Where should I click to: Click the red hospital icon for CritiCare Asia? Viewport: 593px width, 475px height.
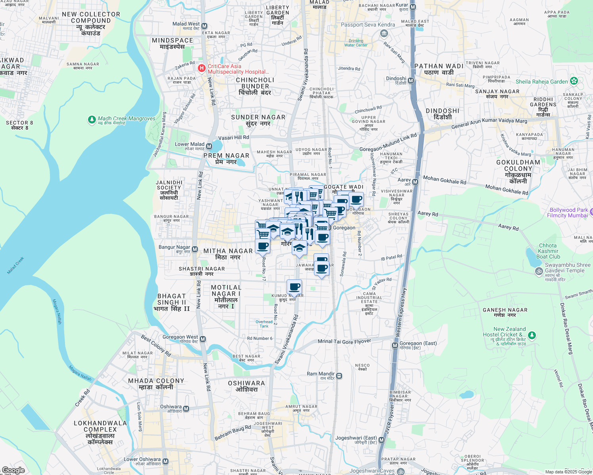pyautogui.click(x=202, y=68)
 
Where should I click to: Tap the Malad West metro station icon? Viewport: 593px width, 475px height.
pyautogui.click(x=205, y=26)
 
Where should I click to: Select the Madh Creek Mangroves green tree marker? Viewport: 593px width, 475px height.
pyautogui.click(x=92, y=119)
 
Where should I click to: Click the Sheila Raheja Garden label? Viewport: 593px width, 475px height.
pyautogui.click(x=541, y=82)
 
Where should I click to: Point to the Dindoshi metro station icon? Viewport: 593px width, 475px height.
pyautogui.click(x=411, y=81)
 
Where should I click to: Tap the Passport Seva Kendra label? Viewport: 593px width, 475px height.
pyautogui.click(x=368, y=25)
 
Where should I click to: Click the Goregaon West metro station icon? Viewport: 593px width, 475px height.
pyautogui.click(x=203, y=339)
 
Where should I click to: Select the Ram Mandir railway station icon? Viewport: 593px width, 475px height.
pyautogui.click(x=339, y=376)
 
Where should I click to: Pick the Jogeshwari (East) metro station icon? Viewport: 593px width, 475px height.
pyautogui.click(x=382, y=440)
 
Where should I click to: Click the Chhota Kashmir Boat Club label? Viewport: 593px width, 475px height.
pyautogui.click(x=548, y=251)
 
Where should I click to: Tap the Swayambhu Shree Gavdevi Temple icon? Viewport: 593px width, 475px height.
pyautogui.click(x=539, y=271)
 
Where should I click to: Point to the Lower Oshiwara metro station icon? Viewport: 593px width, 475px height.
pyautogui.click(x=166, y=462)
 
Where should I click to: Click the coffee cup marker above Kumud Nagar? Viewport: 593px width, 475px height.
pyautogui.click(x=294, y=287)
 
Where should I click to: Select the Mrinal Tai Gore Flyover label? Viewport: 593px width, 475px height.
pyautogui.click(x=344, y=341)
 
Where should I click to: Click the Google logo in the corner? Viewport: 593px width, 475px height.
pyautogui.click(x=13, y=470)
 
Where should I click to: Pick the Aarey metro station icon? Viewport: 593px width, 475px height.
pyautogui.click(x=415, y=182)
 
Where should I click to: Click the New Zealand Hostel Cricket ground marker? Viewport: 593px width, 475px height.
pyautogui.click(x=532, y=336)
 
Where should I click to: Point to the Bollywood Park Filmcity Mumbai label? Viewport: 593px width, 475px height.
pyautogui.click(x=568, y=213)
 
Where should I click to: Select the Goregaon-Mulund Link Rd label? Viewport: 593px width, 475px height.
pyautogui.click(x=388, y=143)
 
